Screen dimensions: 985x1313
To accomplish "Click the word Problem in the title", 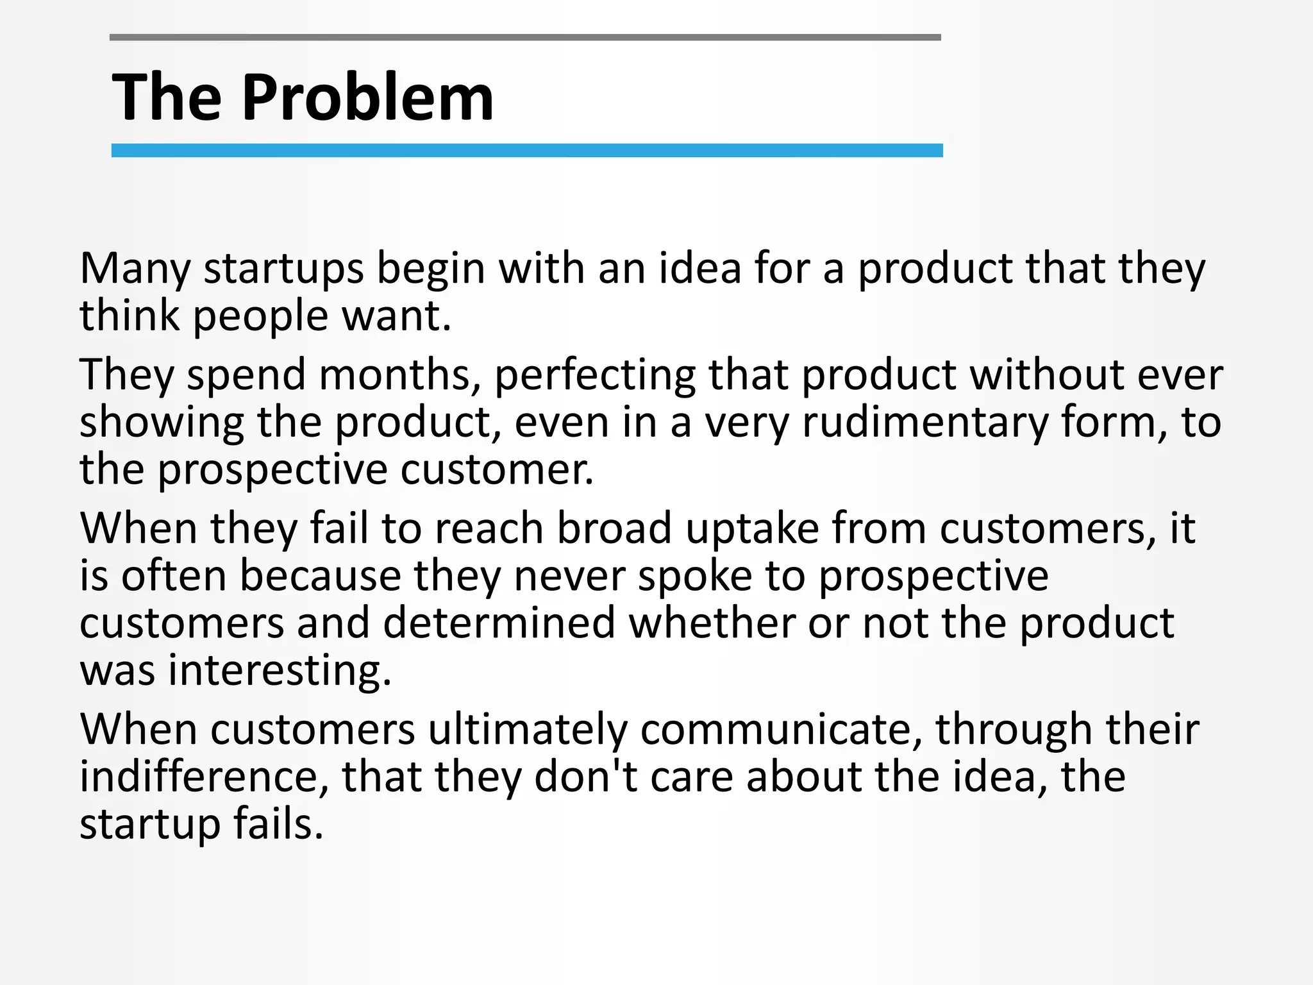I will [x=367, y=97].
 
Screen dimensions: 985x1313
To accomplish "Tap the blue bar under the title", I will [x=526, y=151].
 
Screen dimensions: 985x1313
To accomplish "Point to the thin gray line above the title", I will [x=525, y=38].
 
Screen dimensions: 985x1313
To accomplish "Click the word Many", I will [x=135, y=269].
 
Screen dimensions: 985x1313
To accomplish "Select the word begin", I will [x=430, y=269].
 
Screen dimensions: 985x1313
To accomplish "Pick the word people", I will [x=261, y=317].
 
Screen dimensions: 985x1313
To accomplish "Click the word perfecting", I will [x=595, y=376].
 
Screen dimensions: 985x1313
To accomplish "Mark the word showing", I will [x=162, y=423].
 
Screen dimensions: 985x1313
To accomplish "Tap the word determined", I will [x=499, y=623].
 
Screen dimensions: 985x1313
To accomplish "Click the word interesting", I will [x=280, y=672].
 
